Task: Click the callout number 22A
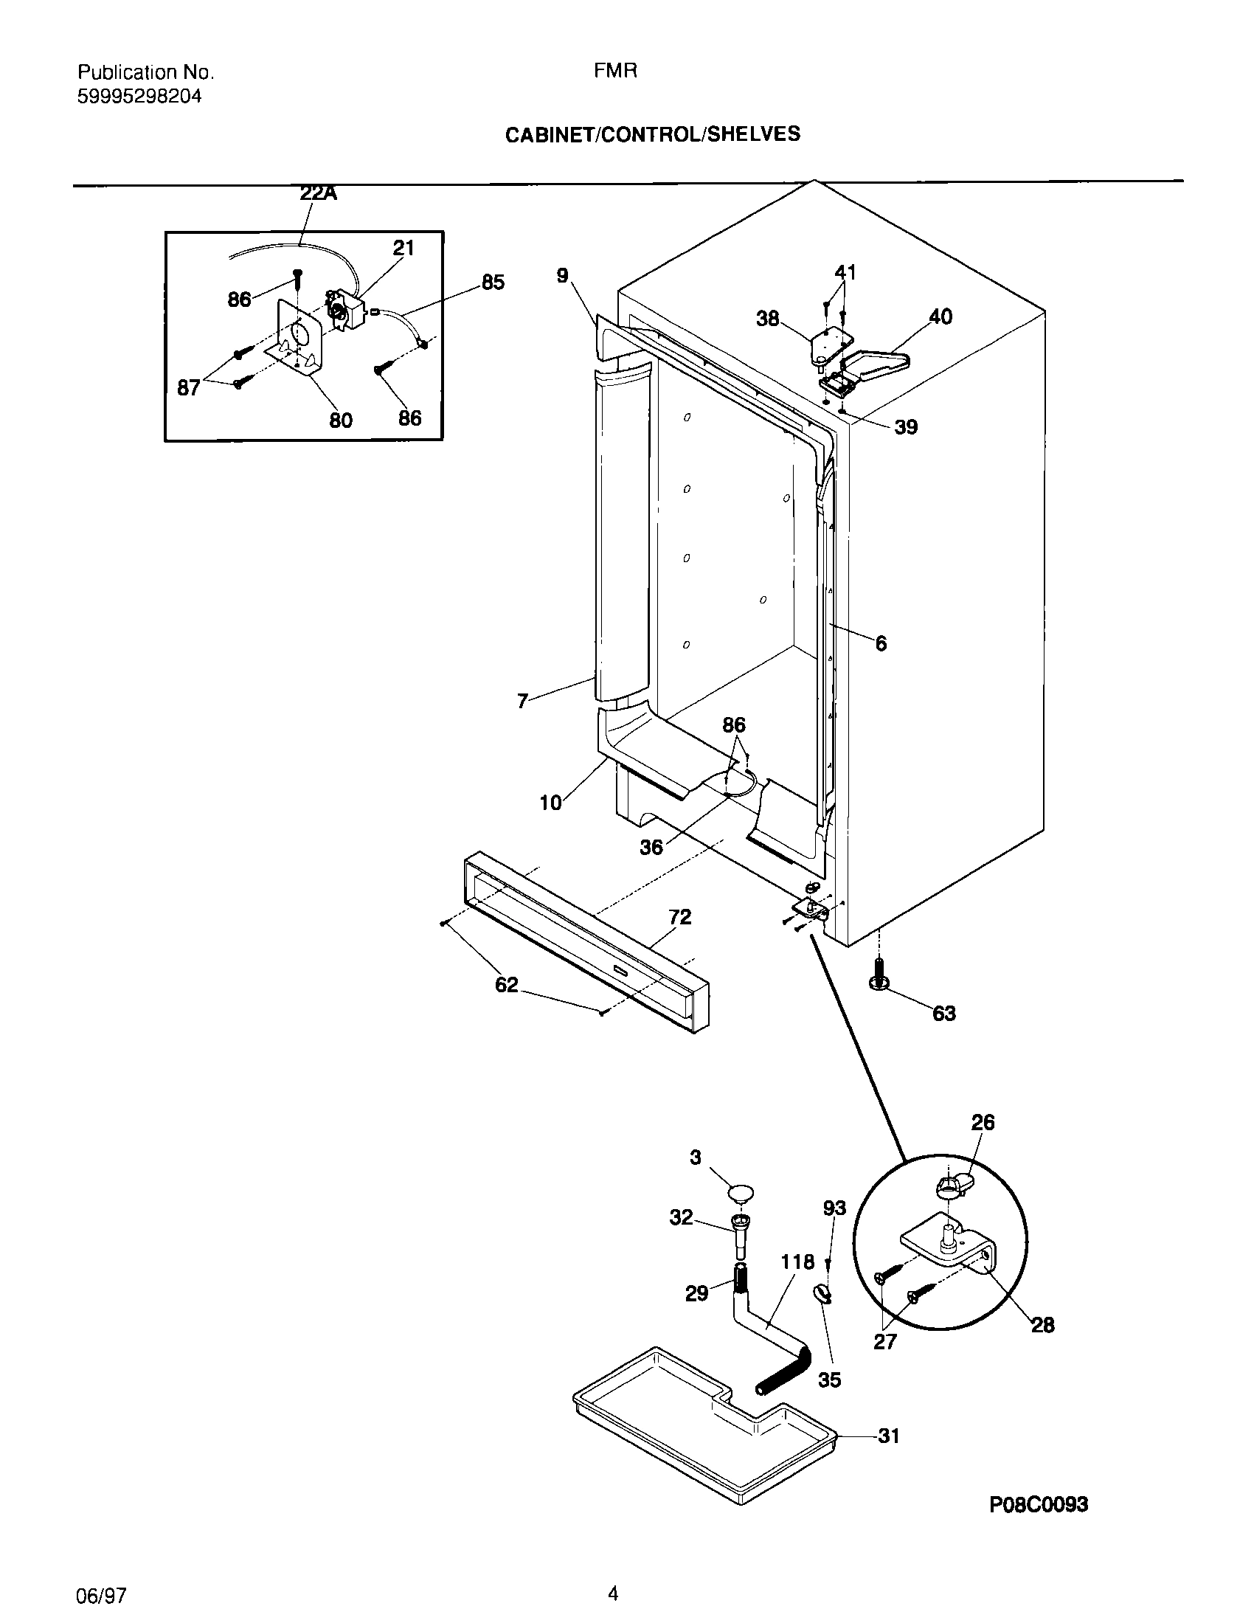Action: pyautogui.click(x=318, y=194)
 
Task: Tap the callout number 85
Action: pyautogui.click(x=493, y=283)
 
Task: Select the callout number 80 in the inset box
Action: pyautogui.click(x=340, y=421)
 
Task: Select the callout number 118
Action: pyautogui.click(x=797, y=1262)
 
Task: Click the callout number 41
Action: pyautogui.click(x=845, y=273)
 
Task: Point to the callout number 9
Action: pyautogui.click(x=562, y=276)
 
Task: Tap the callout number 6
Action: pyautogui.click(x=881, y=643)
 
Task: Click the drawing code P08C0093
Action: pyautogui.click(x=1039, y=1504)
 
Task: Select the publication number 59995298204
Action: pyautogui.click(x=139, y=97)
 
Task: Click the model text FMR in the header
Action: pyautogui.click(x=615, y=72)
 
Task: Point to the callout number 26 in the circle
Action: pyautogui.click(x=982, y=1123)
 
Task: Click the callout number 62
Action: pyautogui.click(x=506, y=986)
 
